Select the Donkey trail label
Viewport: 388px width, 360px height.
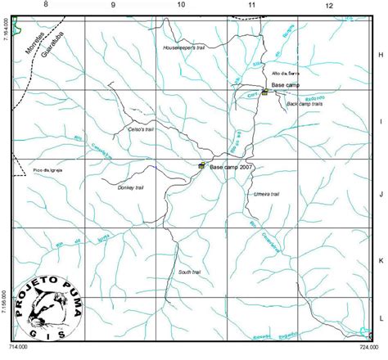(131, 188)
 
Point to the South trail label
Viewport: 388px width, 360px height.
(190, 272)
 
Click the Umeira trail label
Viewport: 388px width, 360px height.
(268, 194)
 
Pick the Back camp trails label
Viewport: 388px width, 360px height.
(305, 105)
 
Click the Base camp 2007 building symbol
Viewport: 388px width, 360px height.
(201, 165)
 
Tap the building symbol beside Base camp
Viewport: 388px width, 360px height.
(264, 92)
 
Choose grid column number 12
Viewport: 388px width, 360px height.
(328, 6)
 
